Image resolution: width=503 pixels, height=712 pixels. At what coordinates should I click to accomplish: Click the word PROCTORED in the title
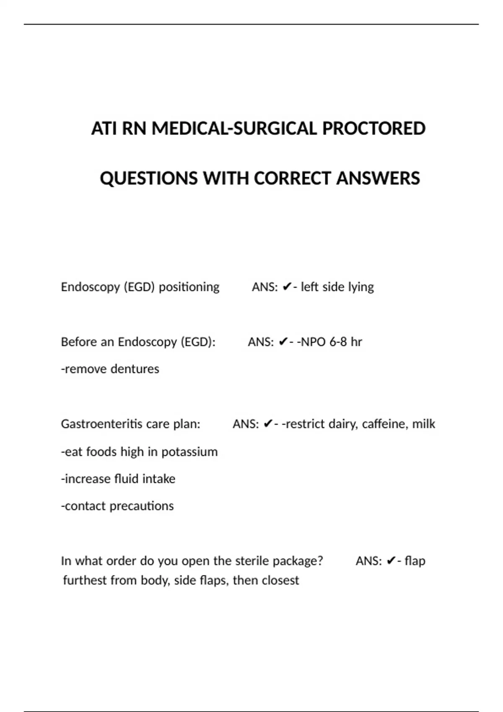pyautogui.click(x=373, y=129)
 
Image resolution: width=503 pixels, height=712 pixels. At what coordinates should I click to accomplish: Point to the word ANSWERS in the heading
pyautogui.click(x=378, y=178)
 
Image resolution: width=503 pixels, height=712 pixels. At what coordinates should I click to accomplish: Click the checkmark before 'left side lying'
pyautogui.click(x=287, y=287)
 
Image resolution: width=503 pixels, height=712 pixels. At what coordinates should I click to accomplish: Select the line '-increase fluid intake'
pyautogui.click(x=118, y=479)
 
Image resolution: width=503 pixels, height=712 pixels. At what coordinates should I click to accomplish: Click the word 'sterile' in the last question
pyautogui.click(x=252, y=561)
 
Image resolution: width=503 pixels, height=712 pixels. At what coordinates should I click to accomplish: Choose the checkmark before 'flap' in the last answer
pyautogui.click(x=391, y=561)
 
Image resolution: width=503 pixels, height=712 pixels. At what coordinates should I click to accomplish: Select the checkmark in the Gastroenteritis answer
pyautogui.click(x=268, y=424)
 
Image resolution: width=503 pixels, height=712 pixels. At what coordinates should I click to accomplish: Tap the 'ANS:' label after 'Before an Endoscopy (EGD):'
pyautogui.click(x=261, y=342)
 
